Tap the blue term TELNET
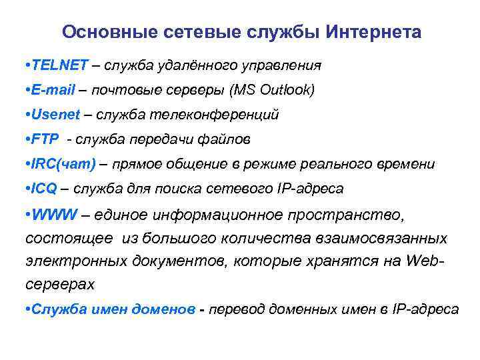tap(59, 65)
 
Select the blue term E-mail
tap(53, 90)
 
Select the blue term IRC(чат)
tap(63, 164)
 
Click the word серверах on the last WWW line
tap(60, 284)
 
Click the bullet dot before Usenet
tap(27, 115)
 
